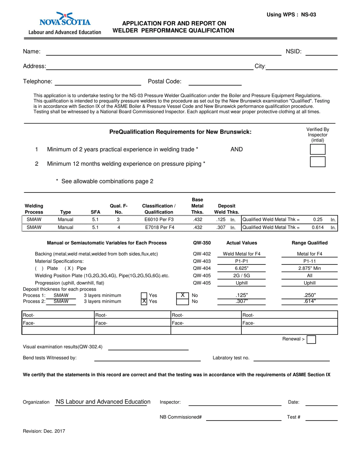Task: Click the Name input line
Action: [x=163, y=52]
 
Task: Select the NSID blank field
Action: [x=321, y=52]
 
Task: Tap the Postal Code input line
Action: [x=215, y=82]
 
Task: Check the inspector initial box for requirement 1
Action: [x=318, y=149]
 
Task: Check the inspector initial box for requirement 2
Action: [x=318, y=162]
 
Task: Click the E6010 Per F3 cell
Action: [x=159, y=219]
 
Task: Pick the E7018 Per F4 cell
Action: [x=159, y=227]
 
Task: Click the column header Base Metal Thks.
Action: [x=197, y=206]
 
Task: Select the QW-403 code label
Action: [x=202, y=261]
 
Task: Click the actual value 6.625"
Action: [x=241, y=268]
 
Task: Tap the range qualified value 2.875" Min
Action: [x=309, y=268]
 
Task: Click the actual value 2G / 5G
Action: [x=241, y=275]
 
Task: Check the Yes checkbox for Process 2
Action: [x=144, y=302]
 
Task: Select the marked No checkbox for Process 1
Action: [x=182, y=295]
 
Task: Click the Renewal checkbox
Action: [x=311, y=339]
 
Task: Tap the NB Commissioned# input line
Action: [x=244, y=418]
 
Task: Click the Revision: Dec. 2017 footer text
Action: [x=43, y=431]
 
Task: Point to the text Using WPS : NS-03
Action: [x=291, y=15]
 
